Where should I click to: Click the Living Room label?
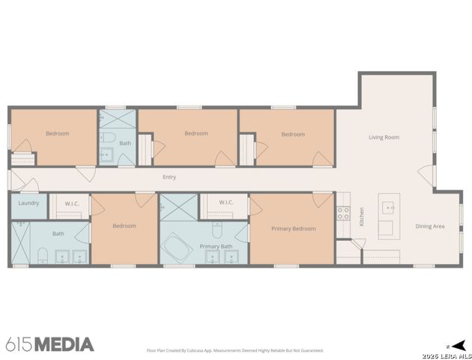click(x=383, y=137)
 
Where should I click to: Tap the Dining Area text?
click(x=430, y=226)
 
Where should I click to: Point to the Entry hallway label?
click(x=169, y=177)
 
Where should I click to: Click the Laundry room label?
click(x=28, y=202)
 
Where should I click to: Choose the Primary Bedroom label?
click(x=293, y=228)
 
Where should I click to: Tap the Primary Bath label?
click(x=216, y=246)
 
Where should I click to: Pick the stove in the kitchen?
click(x=342, y=212)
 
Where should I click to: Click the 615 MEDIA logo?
click(x=49, y=344)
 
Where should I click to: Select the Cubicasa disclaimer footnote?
click(x=235, y=350)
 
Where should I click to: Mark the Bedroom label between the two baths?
click(x=124, y=225)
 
